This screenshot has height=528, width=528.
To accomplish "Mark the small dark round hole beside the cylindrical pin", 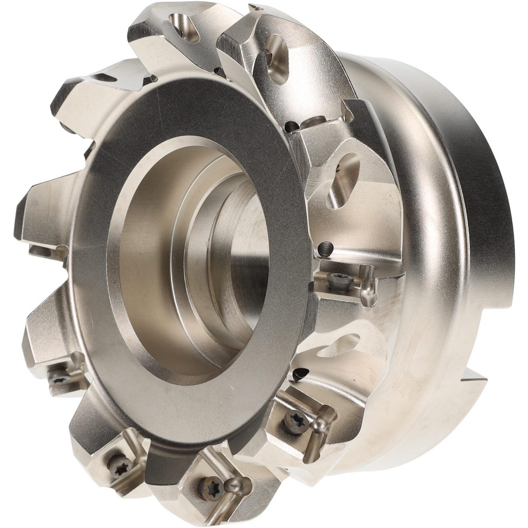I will (x=291, y=127).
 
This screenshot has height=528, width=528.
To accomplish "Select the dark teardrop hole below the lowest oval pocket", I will (x=299, y=374).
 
